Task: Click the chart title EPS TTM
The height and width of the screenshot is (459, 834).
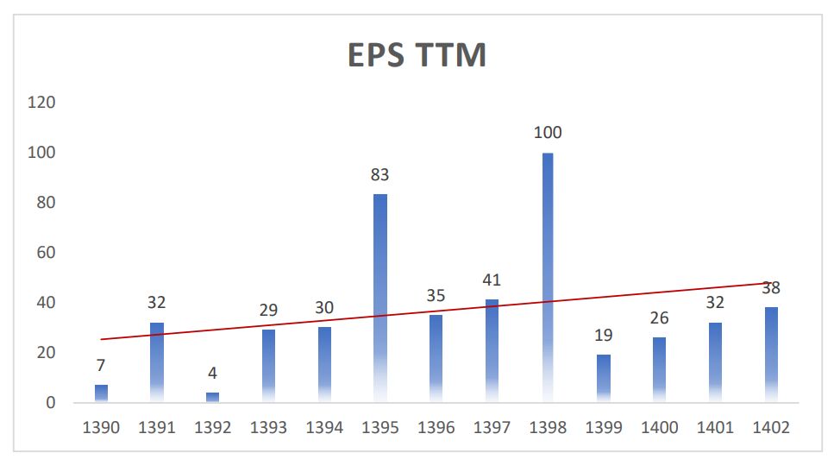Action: [417, 55]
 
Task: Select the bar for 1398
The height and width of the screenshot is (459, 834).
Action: [548, 276]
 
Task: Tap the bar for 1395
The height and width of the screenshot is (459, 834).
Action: [380, 298]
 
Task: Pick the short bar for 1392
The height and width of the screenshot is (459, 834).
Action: [212, 398]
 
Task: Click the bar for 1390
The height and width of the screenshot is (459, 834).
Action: [102, 394]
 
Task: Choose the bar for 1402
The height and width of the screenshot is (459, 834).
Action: [771, 355]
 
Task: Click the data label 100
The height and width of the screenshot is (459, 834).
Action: [548, 133]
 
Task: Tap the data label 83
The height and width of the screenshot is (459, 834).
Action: [380, 174]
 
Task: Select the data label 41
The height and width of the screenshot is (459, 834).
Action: [492, 280]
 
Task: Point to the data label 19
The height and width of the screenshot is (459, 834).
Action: [604, 336]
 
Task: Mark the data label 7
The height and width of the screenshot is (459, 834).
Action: [102, 366]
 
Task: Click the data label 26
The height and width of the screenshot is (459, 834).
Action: [660, 318]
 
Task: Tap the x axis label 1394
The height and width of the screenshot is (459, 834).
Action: [324, 427]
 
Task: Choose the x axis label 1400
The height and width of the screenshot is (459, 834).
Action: [660, 427]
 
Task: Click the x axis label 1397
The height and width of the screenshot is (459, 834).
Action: [492, 427]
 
